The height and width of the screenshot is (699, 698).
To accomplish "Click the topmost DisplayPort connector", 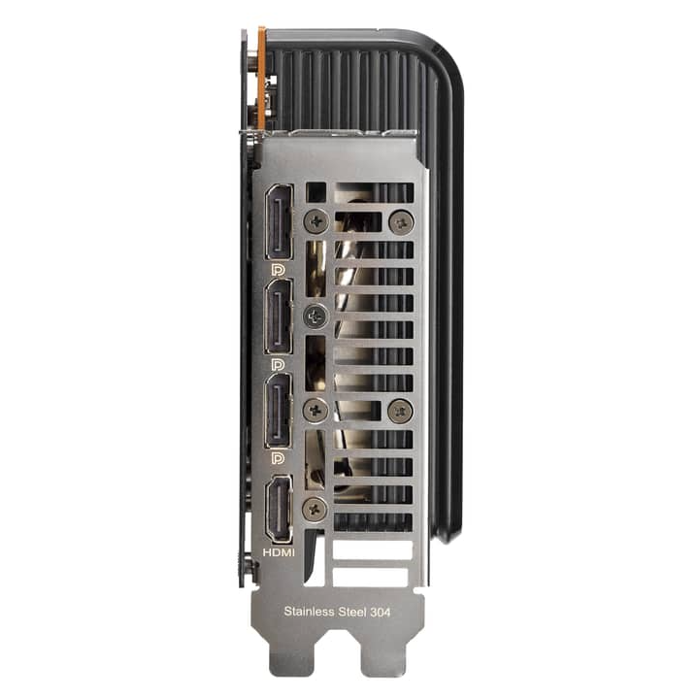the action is [279, 222].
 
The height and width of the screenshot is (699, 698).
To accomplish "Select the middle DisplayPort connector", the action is [279, 316].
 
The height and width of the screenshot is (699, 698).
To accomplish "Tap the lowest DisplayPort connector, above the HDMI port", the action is [279, 411].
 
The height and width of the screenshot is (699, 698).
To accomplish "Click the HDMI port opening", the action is [280, 509].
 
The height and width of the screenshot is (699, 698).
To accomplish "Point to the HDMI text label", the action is [279, 552].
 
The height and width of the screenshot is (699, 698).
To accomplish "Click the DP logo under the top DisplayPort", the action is [278, 270].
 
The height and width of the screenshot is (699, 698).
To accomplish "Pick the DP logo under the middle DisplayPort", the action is [278, 364].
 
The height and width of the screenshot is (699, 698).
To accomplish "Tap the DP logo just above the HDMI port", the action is [278, 458].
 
